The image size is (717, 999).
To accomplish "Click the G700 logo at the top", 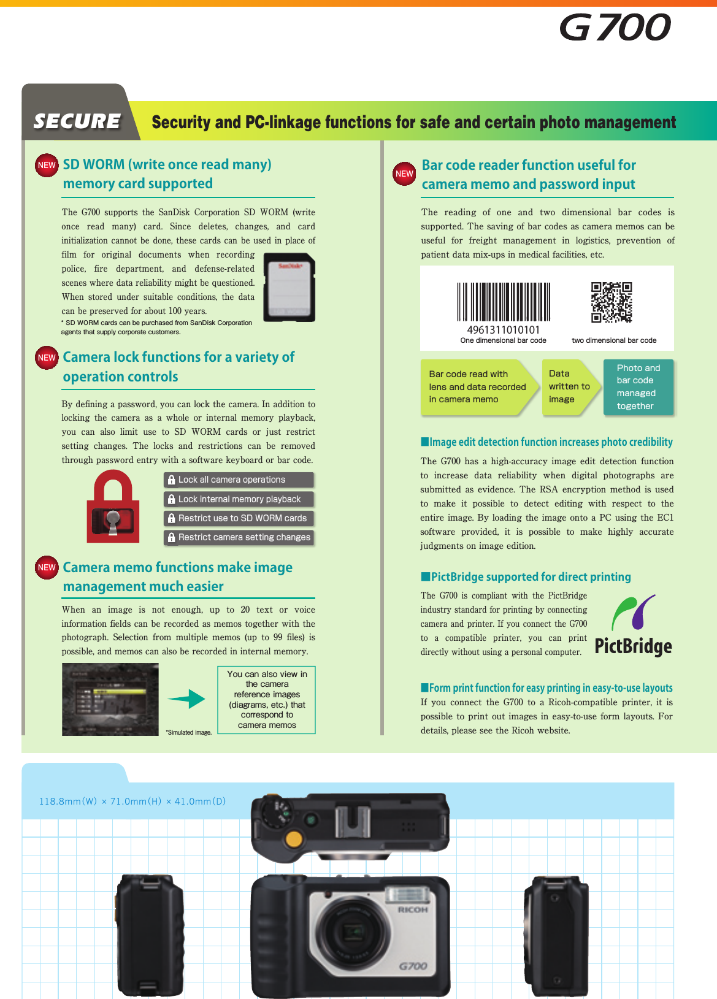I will pos(615,28).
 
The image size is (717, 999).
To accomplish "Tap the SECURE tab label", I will pos(77,121).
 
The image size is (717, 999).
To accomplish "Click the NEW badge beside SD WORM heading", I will pos(47,165).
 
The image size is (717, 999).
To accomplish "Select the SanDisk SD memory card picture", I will pos(289,288).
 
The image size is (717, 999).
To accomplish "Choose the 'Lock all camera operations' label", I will pos(239,480).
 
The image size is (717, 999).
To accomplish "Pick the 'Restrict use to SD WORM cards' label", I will pos(239,518).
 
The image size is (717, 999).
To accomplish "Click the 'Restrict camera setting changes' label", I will pos(239,537).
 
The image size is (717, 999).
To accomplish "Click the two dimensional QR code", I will pos(611,302).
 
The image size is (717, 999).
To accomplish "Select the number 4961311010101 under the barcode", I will pos(503,329).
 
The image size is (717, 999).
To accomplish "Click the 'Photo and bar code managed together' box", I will pos(638,387).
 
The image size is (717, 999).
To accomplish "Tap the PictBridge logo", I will pos(633,626).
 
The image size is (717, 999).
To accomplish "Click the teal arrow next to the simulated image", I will pos(187,699).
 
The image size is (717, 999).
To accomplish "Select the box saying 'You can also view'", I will pos(267,700).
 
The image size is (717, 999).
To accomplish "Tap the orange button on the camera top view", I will pos(294,838).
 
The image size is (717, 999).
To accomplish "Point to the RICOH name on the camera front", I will pos(413,909).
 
